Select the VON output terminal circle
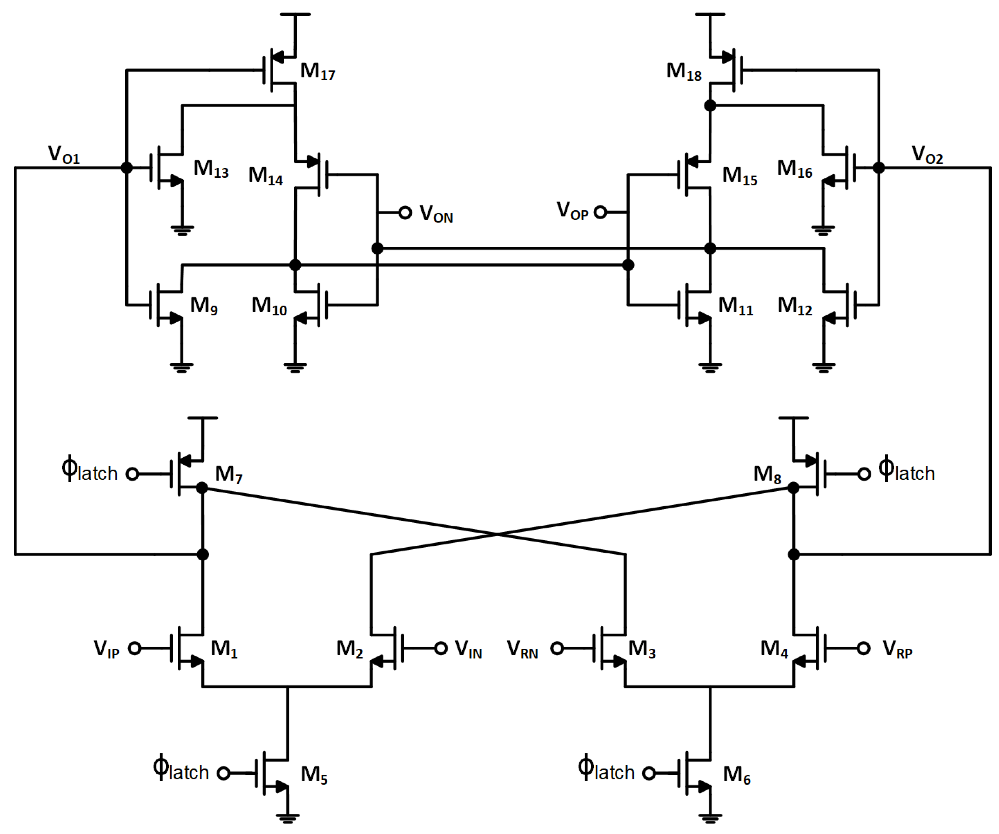pos(405,213)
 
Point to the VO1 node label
pos(64,155)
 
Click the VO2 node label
pos(927,155)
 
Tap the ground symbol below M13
pos(182,231)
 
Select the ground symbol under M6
pos(710,818)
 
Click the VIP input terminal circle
pos(135,648)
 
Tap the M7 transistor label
pos(229,474)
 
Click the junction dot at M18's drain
pos(710,106)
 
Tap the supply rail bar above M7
pos(203,418)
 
